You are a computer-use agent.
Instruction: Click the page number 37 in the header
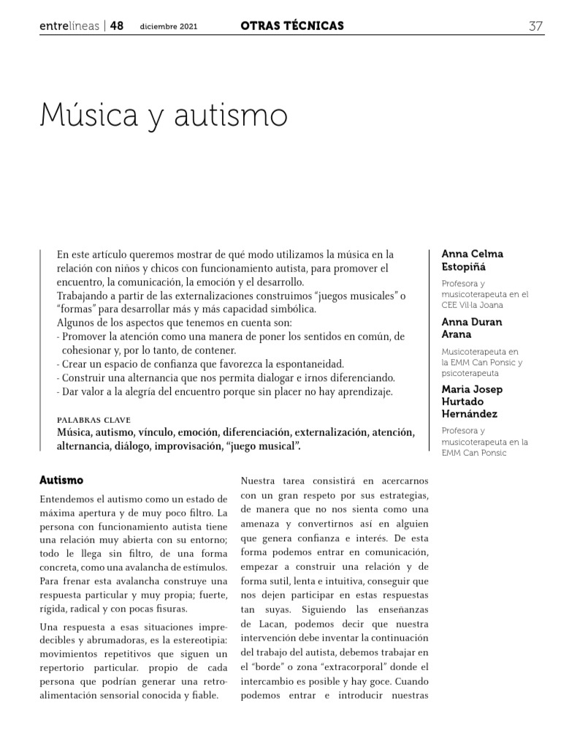coord(535,26)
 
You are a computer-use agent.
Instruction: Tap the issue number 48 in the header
coord(117,26)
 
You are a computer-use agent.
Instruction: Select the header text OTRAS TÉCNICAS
coord(291,26)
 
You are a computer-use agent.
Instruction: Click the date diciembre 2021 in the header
coord(169,27)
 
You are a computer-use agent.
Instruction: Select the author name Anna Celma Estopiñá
coord(472,260)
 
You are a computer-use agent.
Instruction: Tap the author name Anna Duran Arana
coord(471,328)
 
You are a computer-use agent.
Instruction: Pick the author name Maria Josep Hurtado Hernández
coord(473,402)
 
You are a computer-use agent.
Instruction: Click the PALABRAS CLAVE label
coord(93,421)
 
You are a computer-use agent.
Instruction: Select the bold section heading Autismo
coord(61,481)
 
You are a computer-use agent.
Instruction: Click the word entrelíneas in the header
coord(69,26)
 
